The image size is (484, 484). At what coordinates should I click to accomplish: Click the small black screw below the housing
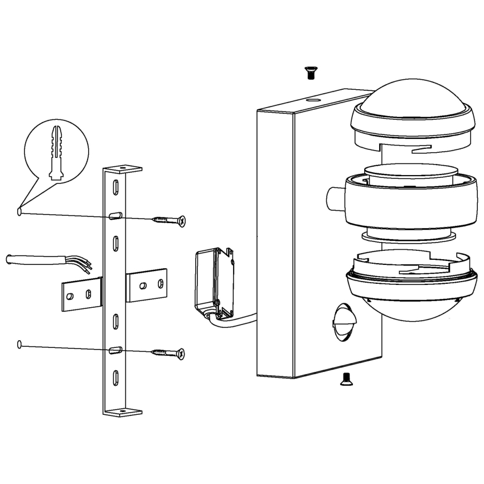(x=345, y=379)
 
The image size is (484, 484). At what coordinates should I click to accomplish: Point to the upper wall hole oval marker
(x=20, y=212)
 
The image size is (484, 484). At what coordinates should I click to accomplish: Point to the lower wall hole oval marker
(x=20, y=344)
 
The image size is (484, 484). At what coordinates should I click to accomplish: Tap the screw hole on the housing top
(x=313, y=101)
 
